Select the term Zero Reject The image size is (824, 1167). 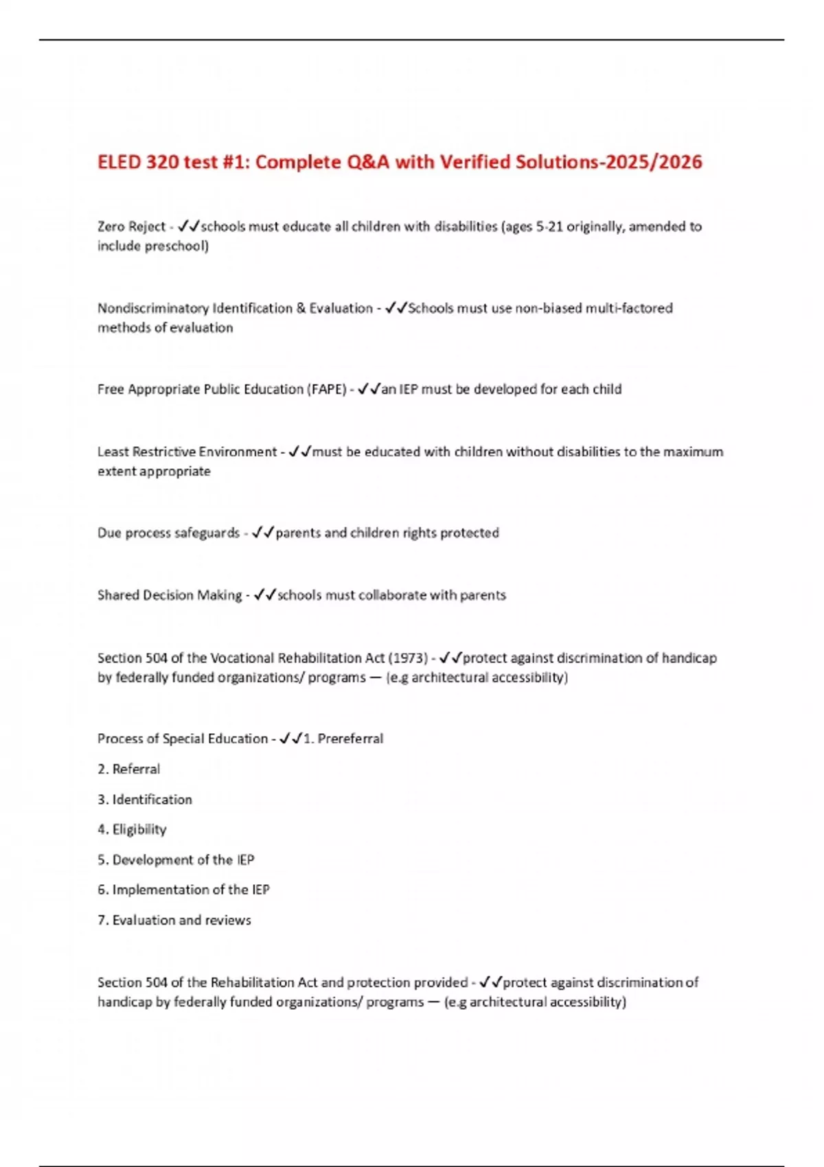[x=131, y=227]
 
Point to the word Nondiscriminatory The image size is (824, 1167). [x=152, y=308]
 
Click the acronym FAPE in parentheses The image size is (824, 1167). [x=327, y=389]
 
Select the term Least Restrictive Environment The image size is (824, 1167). [x=187, y=452]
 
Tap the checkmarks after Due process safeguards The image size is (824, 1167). [x=263, y=533]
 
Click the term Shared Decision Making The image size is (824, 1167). [x=170, y=595]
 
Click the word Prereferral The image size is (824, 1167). [x=350, y=739]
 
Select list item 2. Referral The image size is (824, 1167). [x=129, y=769]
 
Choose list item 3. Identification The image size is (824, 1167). [x=145, y=799]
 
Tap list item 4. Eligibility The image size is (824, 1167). [x=132, y=829]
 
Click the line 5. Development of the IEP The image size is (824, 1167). [x=176, y=859]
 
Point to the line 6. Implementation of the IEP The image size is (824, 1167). [x=183, y=890]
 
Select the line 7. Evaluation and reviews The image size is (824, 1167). [x=174, y=920]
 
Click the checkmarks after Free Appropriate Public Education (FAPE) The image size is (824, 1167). [x=369, y=389]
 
